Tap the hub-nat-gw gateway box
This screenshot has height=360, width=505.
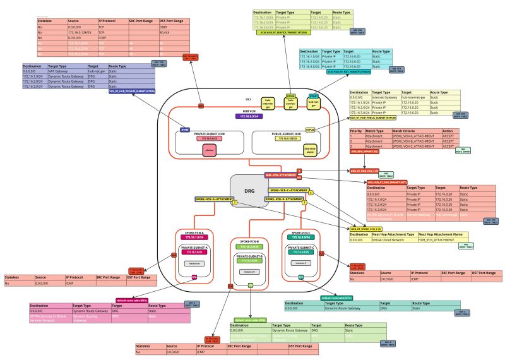click(x=311, y=103)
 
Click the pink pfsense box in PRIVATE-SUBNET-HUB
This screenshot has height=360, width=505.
click(x=210, y=150)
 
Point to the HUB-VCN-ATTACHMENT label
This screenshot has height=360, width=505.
click(x=280, y=174)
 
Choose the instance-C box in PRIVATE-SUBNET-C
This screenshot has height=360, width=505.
click(x=300, y=261)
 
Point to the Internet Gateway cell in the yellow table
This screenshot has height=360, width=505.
click(x=385, y=97)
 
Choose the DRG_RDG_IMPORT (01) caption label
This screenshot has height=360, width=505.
click(x=364, y=152)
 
